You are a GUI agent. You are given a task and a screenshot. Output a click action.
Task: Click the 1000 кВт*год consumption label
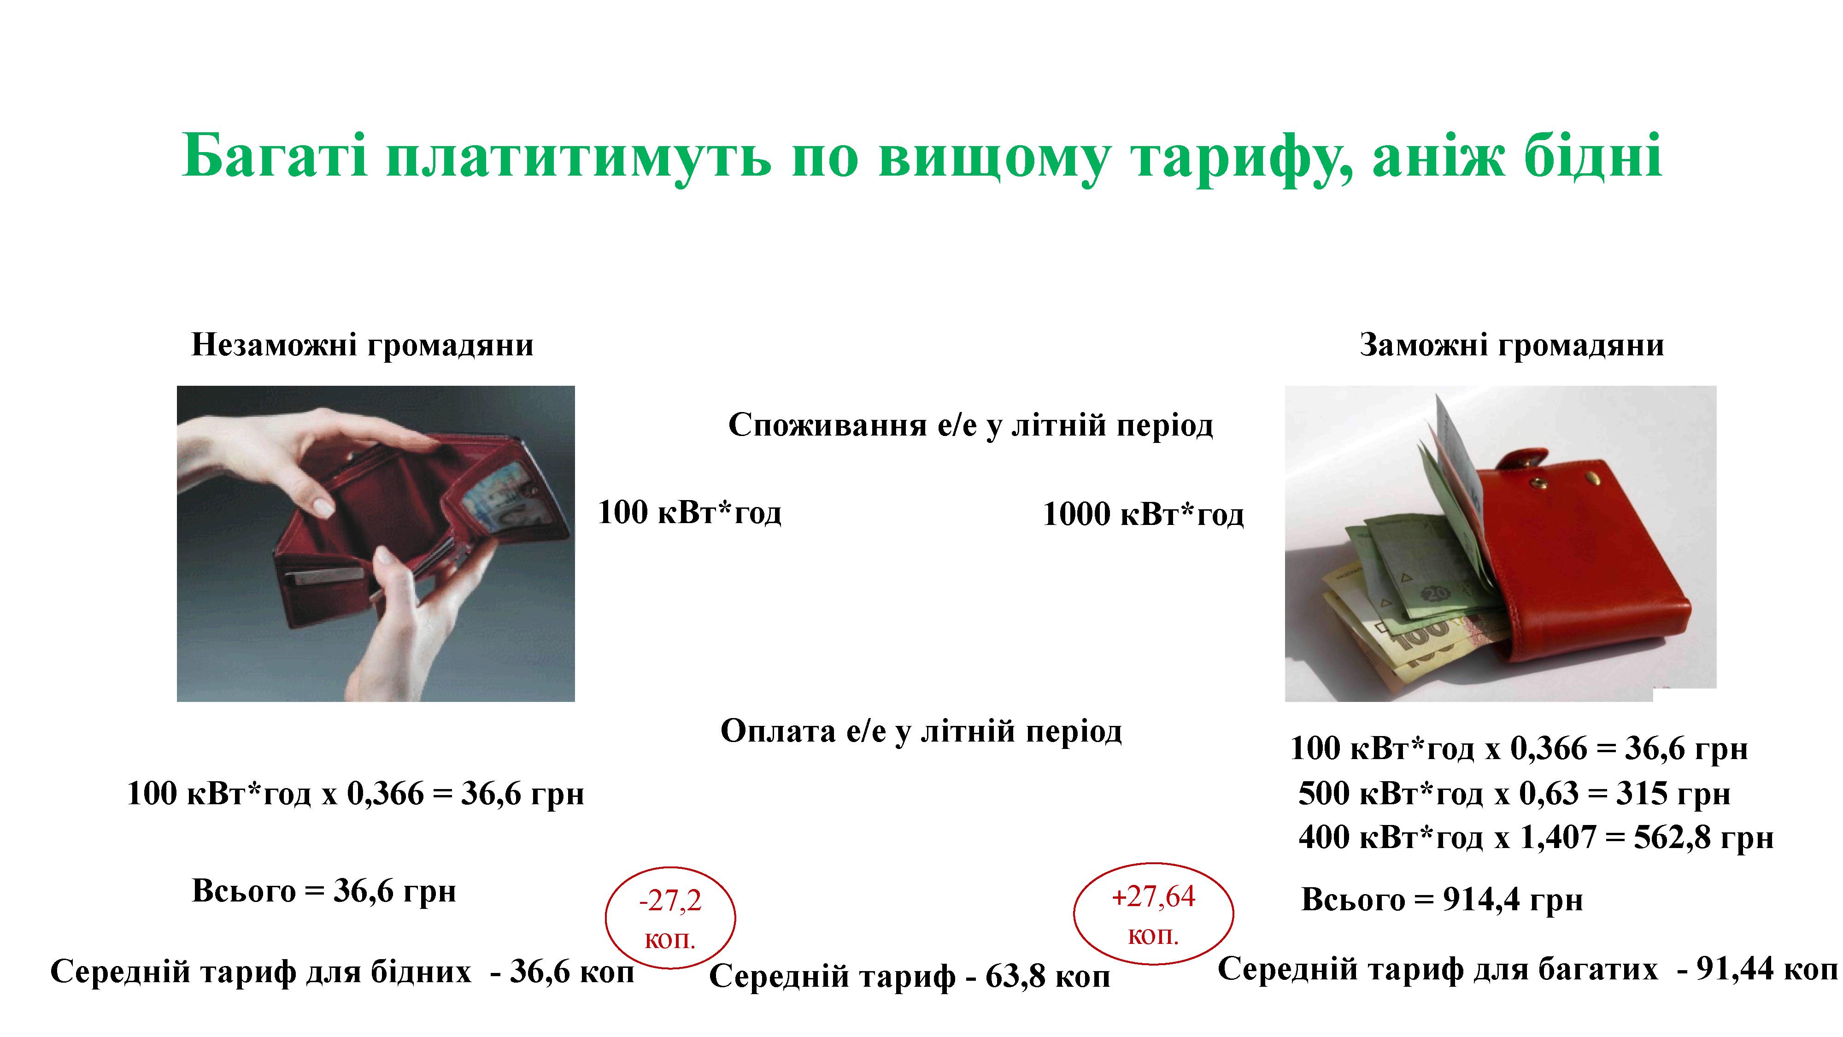tap(1143, 514)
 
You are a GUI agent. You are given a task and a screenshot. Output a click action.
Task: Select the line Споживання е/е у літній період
tap(971, 425)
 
